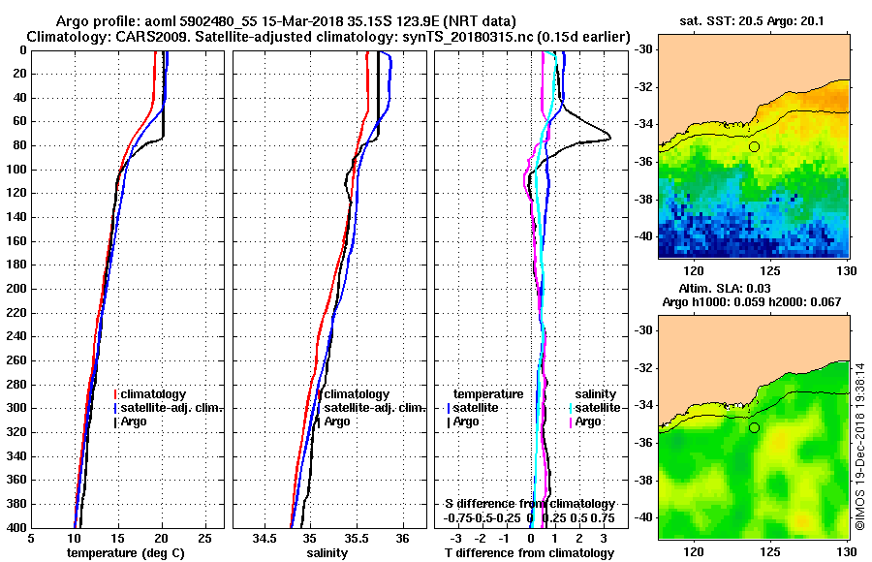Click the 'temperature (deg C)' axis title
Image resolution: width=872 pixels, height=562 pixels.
(125, 553)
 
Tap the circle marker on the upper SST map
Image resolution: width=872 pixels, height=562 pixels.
(754, 146)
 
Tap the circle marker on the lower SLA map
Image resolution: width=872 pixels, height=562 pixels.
(754, 427)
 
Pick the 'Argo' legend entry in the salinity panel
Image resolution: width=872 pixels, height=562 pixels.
(337, 421)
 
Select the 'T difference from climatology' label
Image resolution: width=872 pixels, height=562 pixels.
(530, 553)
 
